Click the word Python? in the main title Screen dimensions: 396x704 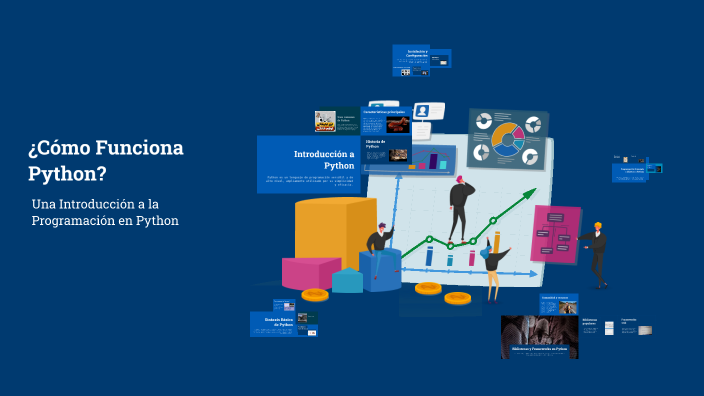pos(67,173)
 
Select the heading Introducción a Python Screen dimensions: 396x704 pos(324,159)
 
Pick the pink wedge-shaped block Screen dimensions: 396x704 pos(311,272)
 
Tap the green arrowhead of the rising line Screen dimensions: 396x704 pos(529,195)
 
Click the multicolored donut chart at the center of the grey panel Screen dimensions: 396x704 pos(508,140)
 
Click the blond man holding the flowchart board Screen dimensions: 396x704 pos(597,254)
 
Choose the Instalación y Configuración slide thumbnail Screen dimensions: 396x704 pos(421,61)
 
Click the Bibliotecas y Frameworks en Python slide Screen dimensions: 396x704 pos(539,338)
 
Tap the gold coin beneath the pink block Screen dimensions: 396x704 pos(315,294)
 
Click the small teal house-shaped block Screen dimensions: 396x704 pos(347,281)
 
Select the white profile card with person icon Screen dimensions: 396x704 pos(421,111)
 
